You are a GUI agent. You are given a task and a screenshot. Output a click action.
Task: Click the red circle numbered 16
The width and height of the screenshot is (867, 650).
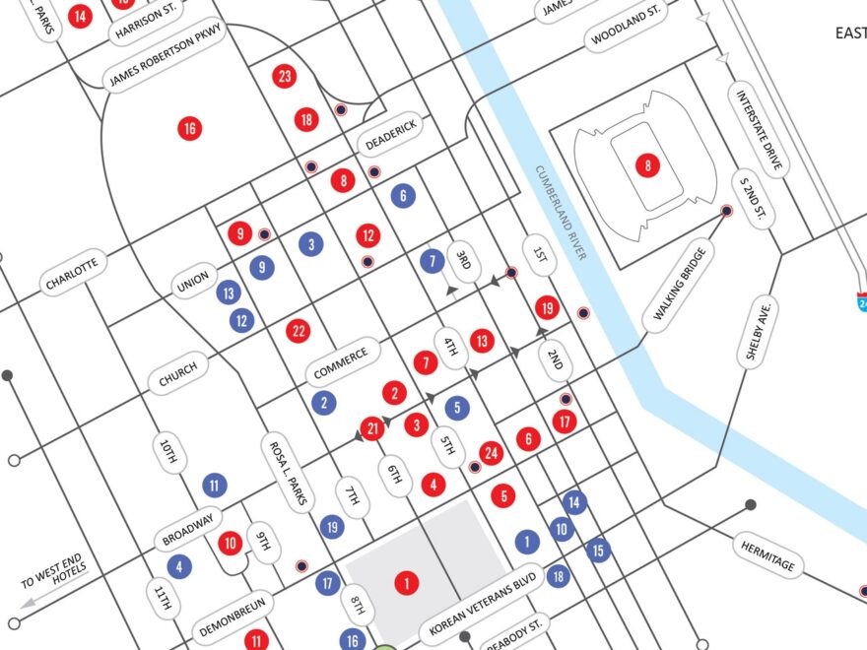[189, 128]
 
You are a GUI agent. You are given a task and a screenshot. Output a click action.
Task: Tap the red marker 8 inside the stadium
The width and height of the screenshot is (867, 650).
[646, 164]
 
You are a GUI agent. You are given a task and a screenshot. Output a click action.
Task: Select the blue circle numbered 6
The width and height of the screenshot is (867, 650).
[401, 196]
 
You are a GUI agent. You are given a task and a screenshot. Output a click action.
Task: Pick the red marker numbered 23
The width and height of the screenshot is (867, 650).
[285, 76]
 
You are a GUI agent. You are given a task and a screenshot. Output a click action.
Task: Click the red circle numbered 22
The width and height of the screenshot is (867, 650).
[298, 331]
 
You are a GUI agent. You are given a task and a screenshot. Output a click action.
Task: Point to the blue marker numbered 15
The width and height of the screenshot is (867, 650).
[598, 551]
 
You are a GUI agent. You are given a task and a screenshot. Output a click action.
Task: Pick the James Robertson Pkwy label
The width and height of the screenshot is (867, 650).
[167, 54]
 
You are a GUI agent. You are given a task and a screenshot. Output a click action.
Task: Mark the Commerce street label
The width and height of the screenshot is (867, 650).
[341, 362]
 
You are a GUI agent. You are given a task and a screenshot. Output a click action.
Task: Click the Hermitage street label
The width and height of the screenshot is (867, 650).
[767, 553]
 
